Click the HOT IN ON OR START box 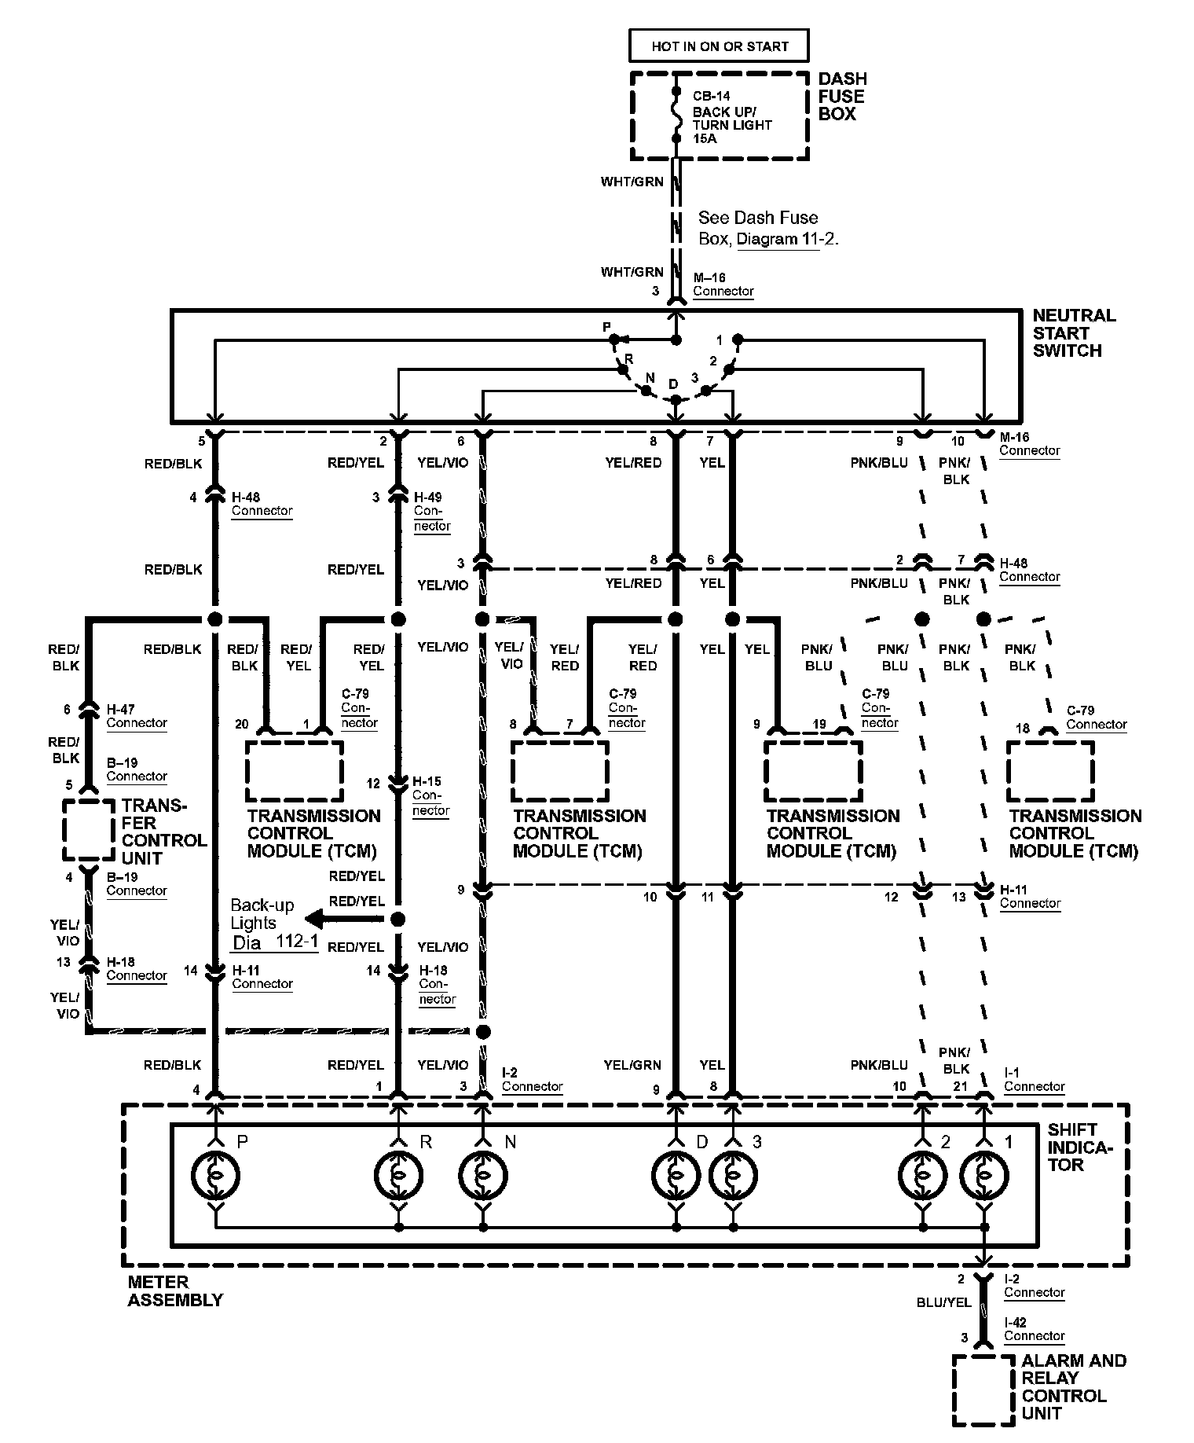[719, 46]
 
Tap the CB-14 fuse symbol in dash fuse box [675, 115]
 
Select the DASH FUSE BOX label [842, 96]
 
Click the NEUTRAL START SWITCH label [1074, 332]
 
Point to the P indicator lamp [215, 1175]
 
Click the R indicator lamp [398, 1175]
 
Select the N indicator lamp [483, 1175]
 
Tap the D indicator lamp [675, 1175]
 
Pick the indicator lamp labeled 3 [733, 1175]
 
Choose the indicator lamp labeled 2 [922, 1175]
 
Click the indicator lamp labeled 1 [983, 1175]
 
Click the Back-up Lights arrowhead [314, 919]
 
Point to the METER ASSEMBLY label [175, 1291]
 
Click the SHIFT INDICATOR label [1080, 1147]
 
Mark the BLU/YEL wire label [943, 1302]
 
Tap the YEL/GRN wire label [632, 1065]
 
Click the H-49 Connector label [432, 511]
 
